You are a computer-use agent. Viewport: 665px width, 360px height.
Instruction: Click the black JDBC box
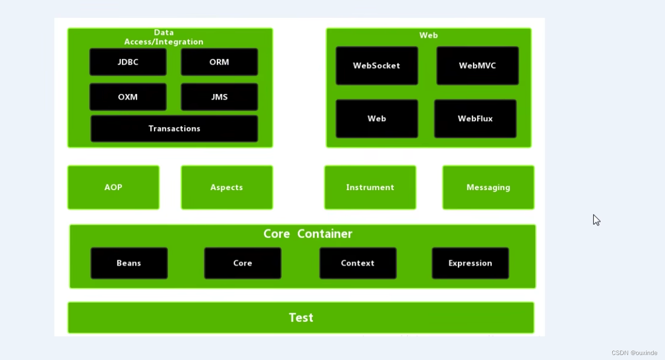coord(128,62)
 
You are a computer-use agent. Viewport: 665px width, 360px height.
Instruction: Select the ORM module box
coord(220,62)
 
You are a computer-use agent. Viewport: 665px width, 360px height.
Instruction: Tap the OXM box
coord(128,97)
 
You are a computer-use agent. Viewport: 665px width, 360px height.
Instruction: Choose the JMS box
coord(220,97)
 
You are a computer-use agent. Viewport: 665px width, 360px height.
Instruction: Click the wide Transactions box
coord(174,128)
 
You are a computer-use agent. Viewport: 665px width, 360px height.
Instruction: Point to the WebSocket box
coord(377,66)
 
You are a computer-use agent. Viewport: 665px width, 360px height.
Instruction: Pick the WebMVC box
coord(477,66)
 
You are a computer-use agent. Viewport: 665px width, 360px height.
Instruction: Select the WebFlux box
coord(475,119)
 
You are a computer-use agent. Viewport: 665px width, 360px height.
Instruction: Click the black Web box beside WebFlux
coord(377,119)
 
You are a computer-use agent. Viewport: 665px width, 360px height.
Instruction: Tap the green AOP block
coord(113,187)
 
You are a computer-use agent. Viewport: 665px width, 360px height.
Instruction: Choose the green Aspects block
coord(227,187)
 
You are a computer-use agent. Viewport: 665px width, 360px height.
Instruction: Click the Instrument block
coord(370,187)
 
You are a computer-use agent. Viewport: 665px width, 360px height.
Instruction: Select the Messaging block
coord(488,187)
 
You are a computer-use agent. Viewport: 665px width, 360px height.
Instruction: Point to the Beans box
coord(129,263)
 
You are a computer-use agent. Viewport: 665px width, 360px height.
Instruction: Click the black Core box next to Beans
coord(242,263)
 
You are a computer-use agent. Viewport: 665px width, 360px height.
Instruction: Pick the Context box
coord(358,263)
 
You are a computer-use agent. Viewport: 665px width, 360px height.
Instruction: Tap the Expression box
coord(470,263)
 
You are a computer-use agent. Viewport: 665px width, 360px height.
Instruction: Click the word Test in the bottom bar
coord(301,318)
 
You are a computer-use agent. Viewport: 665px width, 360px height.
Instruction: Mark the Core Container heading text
coord(308,234)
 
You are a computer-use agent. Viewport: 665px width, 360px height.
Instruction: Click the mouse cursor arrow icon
coord(596,220)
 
